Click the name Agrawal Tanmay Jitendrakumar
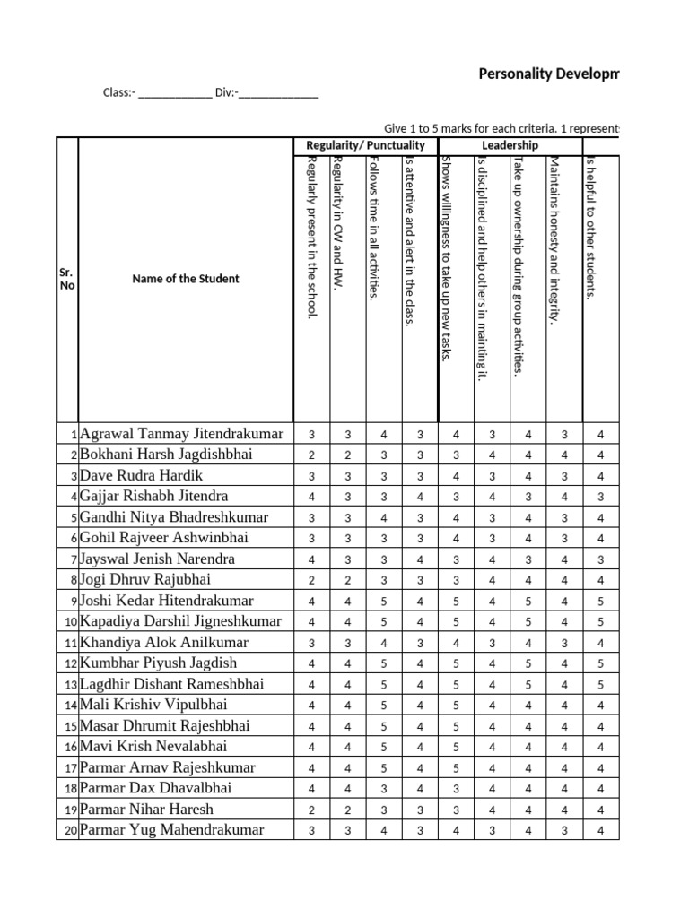[182, 434]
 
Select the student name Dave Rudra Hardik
[142, 475]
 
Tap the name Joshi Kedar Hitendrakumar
[167, 601]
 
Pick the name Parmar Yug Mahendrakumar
[172, 830]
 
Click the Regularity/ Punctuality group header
[365, 145]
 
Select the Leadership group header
[510, 145]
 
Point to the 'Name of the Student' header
[186, 279]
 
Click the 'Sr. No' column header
[67, 279]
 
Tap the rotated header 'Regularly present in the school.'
[311, 238]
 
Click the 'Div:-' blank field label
[226, 92]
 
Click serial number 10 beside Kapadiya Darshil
[69, 622]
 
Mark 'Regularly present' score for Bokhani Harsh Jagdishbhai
[311, 455]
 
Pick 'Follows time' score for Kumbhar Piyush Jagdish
[383, 664]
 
